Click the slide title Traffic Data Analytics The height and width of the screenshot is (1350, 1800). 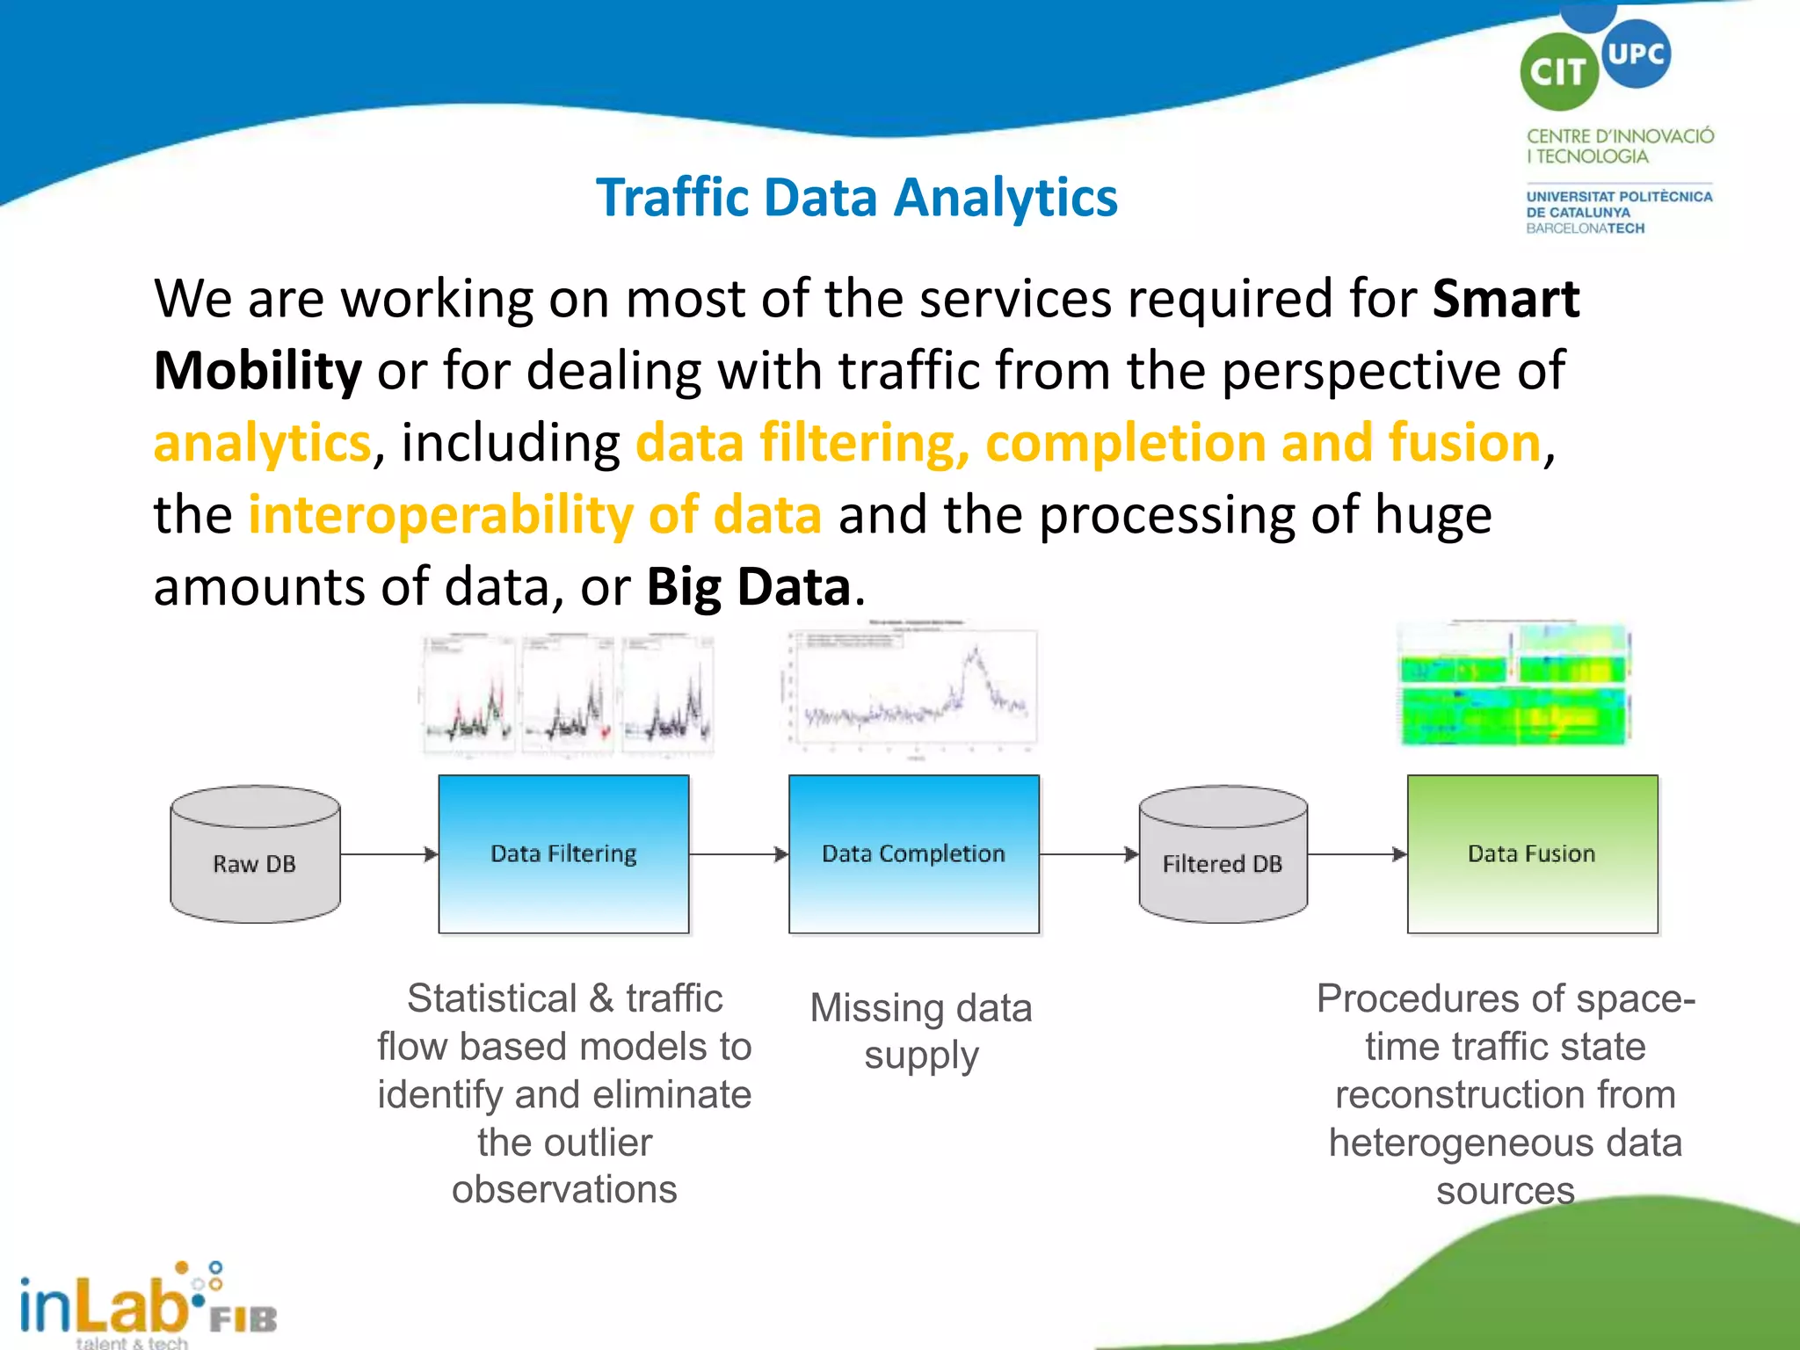(x=856, y=197)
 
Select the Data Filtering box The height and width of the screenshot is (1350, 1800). (x=563, y=853)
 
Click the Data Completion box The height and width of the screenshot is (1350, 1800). (x=913, y=853)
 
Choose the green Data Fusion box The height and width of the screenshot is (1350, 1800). (x=1532, y=853)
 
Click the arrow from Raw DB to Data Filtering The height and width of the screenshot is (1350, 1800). (x=388, y=854)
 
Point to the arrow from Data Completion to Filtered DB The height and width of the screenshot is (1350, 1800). (x=1088, y=854)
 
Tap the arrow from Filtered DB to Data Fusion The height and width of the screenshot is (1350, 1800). (x=1356, y=854)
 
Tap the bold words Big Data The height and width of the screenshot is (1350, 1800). (x=748, y=586)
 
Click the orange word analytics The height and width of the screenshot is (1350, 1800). (x=262, y=442)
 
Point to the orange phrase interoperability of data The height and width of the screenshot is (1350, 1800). (x=534, y=514)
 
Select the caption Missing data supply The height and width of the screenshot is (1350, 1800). (x=920, y=1031)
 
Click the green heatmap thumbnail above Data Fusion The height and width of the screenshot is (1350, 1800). (x=1514, y=686)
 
